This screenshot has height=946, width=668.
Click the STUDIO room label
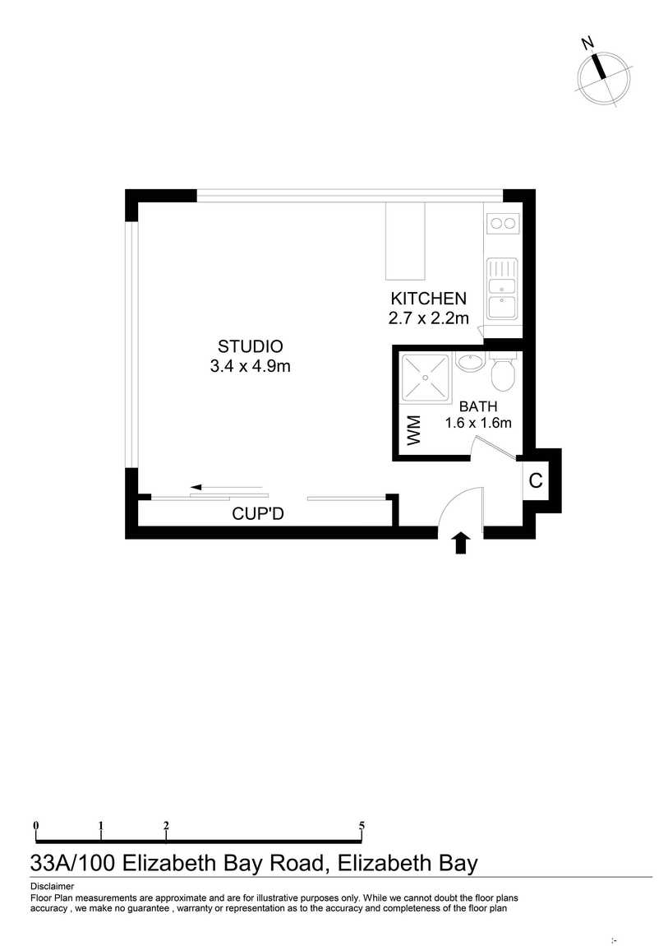250,346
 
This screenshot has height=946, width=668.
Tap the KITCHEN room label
428,299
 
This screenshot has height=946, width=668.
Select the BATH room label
478,406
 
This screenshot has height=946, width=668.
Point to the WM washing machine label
414,430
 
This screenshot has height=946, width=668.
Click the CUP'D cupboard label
258,514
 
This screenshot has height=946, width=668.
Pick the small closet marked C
536,481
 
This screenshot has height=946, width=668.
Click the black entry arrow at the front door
461,542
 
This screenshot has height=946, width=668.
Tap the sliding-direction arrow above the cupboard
227,487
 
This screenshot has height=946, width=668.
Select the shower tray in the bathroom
426,378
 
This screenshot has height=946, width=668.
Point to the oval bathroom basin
470,363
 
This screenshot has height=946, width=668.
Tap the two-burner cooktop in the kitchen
503,224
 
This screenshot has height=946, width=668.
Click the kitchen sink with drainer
502,289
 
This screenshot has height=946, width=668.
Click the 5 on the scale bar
362,825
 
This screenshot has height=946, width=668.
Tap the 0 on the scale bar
36,825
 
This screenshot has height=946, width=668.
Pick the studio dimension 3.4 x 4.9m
250,365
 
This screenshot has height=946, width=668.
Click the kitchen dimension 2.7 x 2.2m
428,318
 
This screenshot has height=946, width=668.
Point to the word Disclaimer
53,886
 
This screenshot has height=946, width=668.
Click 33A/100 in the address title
72,864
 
